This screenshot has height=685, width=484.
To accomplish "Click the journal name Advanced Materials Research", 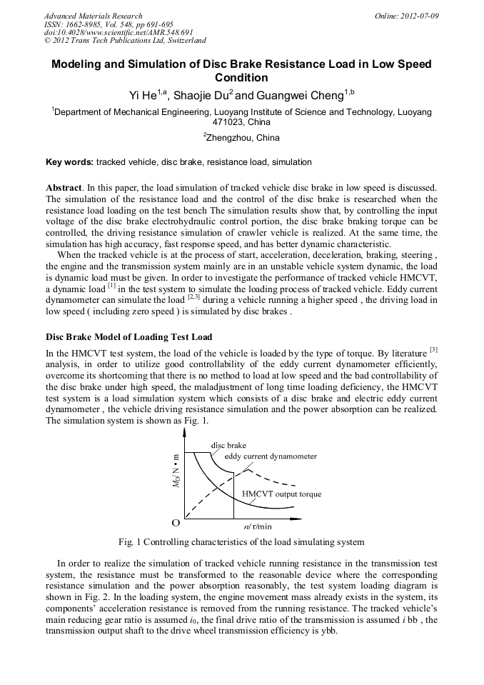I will click(94, 16).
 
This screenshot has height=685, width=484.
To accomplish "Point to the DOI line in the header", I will click(119, 32).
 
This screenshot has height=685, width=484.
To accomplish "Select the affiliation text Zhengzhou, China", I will click(243, 138).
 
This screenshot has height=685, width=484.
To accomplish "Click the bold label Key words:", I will click(69, 162).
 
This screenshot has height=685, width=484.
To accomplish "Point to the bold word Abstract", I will click(64, 187).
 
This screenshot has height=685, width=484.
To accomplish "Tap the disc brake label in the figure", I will click(228, 445).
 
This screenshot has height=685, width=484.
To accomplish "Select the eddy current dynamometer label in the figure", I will click(270, 456).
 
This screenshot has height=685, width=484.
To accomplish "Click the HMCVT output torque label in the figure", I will click(281, 494).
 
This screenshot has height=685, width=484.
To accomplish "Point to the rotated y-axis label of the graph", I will click(176, 473).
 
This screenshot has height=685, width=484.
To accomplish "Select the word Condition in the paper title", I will click(241, 78).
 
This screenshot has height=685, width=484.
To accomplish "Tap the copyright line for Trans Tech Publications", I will click(125, 41).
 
